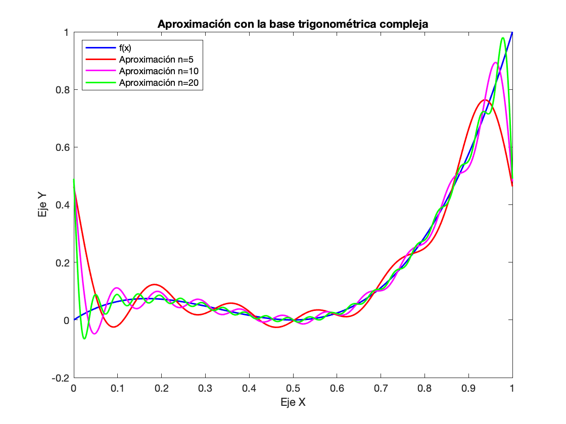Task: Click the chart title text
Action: click(293, 24)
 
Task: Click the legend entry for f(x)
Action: click(126, 48)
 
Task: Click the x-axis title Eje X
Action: click(293, 402)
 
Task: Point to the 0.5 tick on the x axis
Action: click(293, 389)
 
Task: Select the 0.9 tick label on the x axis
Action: click(468, 389)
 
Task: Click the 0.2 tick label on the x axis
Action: click(162, 389)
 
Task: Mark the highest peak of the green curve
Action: click(503, 38)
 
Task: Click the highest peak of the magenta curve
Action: click(495, 63)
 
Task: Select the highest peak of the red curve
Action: click(484, 100)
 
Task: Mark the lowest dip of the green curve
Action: click(84, 338)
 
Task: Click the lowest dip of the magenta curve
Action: click(95, 334)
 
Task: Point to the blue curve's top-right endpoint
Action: click(512, 32)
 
